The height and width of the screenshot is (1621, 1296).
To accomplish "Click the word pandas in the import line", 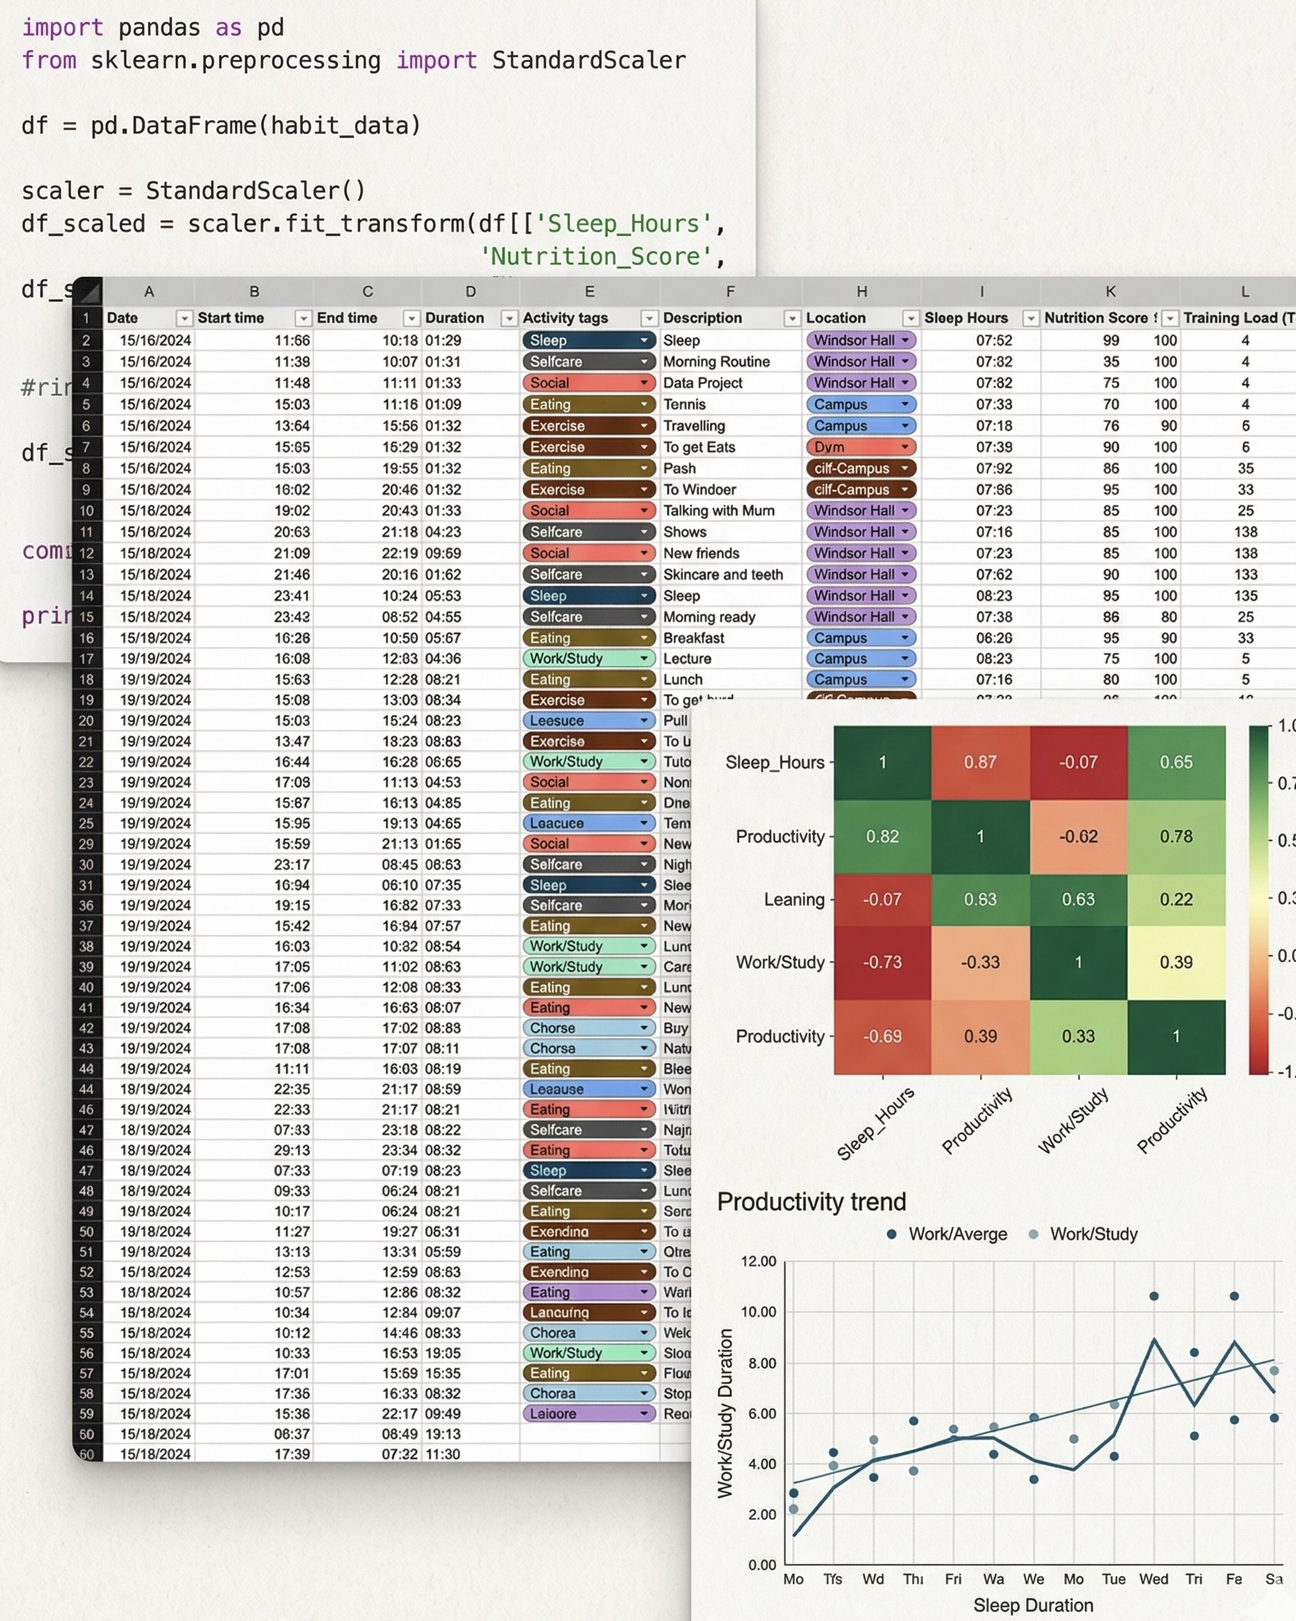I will (159, 28).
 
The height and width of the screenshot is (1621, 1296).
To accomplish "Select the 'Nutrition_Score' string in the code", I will (595, 256).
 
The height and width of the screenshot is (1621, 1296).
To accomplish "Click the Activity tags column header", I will (566, 318).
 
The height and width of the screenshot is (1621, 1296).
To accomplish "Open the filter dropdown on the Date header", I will (183, 318).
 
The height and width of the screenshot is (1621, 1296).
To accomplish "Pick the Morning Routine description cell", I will (717, 362).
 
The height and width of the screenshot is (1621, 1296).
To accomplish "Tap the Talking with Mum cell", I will (719, 510).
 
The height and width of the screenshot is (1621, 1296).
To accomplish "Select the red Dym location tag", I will (861, 447).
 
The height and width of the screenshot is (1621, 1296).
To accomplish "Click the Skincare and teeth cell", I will (723, 574).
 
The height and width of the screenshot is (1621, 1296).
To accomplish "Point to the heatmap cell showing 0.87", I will (980, 762).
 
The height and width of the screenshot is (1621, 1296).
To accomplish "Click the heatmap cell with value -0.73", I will (882, 962).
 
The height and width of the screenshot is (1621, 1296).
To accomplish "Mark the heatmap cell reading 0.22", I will (1176, 900).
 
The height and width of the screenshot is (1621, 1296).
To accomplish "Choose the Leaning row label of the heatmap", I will (794, 900).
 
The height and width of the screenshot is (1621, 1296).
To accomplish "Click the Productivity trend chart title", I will (811, 1202).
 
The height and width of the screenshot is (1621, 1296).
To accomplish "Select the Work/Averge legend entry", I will (957, 1234).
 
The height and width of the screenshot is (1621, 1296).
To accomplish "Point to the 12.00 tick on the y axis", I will (758, 1261).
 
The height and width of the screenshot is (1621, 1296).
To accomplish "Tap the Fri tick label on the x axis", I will (953, 1579).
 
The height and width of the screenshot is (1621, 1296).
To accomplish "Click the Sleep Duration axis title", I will (1032, 1605).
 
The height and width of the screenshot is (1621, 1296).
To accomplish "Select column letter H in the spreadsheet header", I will (861, 291).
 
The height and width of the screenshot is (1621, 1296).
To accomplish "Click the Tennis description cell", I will (684, 404).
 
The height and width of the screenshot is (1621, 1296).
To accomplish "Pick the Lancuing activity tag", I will (559, 1312).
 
